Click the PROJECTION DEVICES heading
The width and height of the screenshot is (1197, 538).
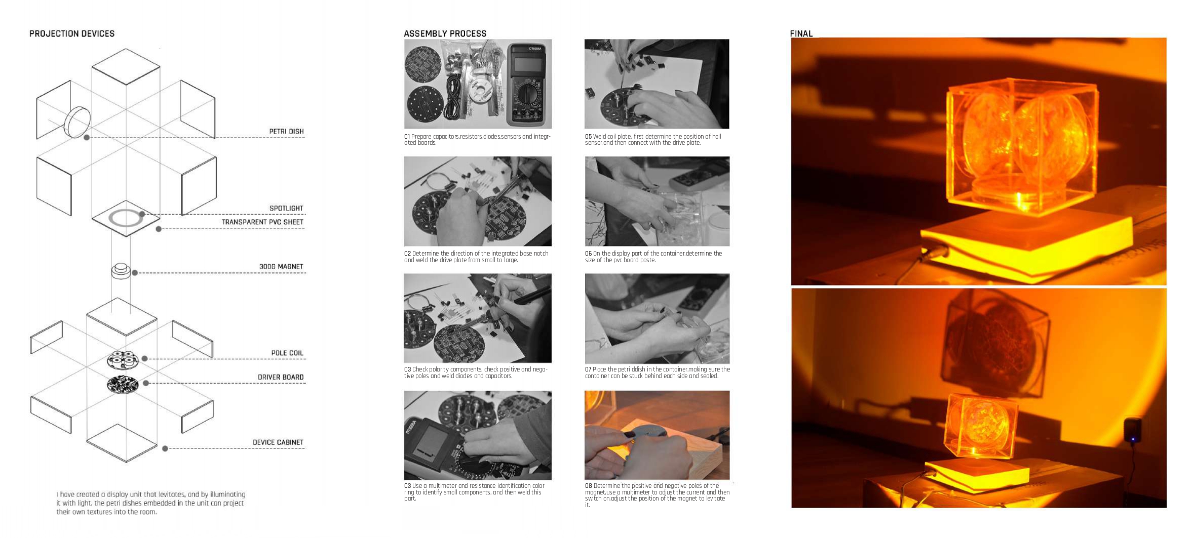click(72, 34)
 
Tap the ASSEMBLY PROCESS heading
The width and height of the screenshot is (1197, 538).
click(445, 34)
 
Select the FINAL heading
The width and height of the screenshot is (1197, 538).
click(801, 34)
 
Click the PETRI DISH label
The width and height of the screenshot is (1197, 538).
click(286, 132)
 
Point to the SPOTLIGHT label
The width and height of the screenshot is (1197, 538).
click(286, 209)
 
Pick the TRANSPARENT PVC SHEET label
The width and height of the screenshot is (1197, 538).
click(262, 222)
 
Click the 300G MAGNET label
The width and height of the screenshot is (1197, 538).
click(281, 267)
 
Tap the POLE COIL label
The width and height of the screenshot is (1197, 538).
click(287, 353)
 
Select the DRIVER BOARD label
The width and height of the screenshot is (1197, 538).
click(281, 378)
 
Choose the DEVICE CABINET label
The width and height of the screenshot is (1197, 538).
click(278, 443)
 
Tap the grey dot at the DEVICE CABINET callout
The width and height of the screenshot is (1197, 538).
click(165, 449)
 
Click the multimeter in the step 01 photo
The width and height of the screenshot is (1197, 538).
click(527, 84)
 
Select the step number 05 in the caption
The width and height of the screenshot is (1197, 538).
click(588, 137)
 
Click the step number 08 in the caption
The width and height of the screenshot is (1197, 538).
click(588, 486)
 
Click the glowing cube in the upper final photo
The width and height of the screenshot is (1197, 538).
click(1021, 147)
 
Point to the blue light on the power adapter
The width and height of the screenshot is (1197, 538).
click(1133, 439)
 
